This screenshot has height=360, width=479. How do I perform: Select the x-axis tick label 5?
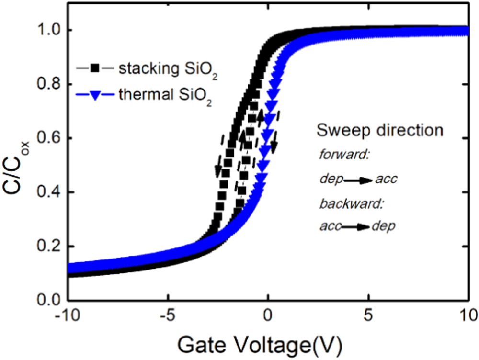coord(368,316)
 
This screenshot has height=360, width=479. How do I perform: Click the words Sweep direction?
coord(379,130)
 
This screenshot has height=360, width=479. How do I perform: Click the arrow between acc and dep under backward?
coord(355,226)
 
